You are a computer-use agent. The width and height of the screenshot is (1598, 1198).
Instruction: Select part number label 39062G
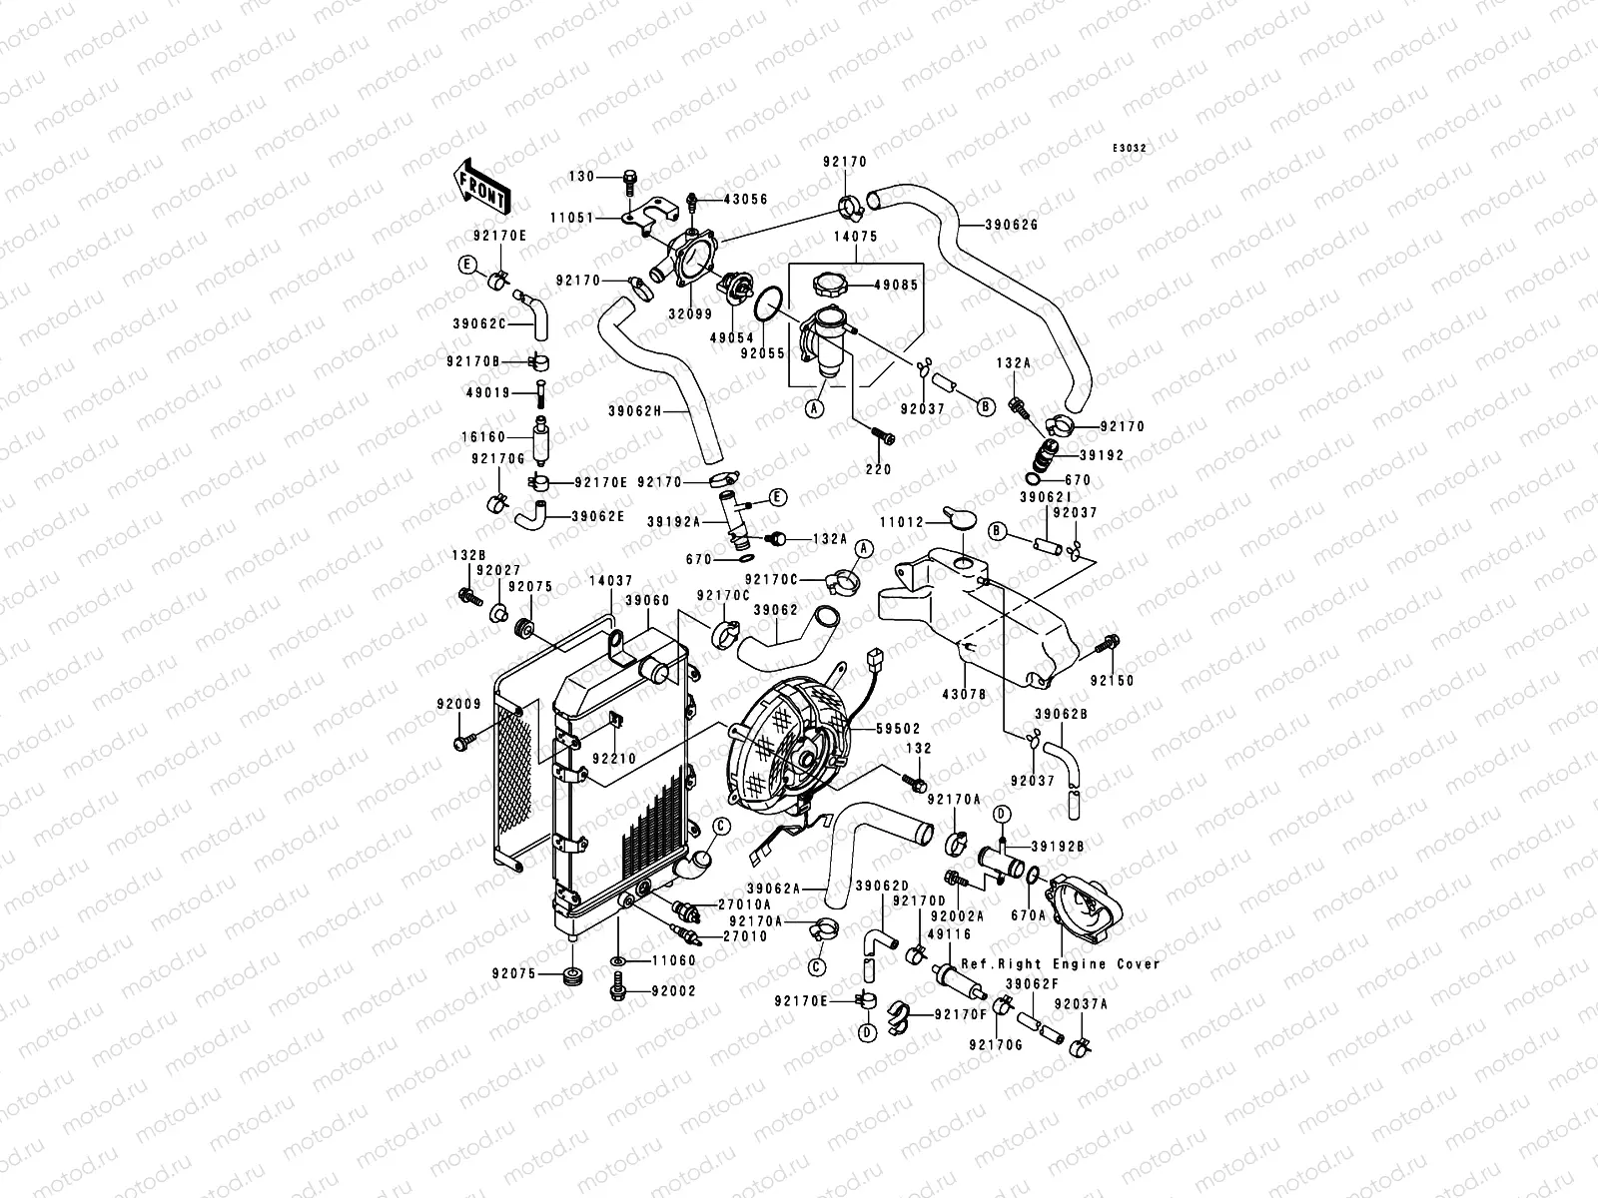click(x=1014, y=225)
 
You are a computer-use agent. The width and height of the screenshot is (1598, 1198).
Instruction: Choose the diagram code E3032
click(x=1131, y=148)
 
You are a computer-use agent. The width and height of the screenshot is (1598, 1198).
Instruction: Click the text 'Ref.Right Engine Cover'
click(x=1061, y=964)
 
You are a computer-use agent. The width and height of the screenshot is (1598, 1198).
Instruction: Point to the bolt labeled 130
click(x=631, y=181)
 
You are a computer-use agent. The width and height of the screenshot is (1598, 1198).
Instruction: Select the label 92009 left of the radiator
click(x=458, y=704)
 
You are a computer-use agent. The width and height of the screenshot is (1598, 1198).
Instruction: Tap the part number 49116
click(x=948, y=933)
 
